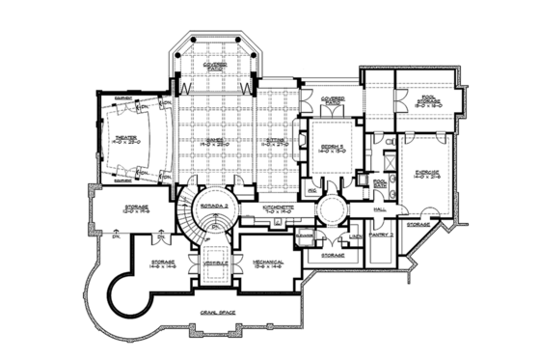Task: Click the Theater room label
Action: pyautogui.click(x=124, y=136)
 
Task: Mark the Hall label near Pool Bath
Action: pyautogui.click(x=379, y=208)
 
